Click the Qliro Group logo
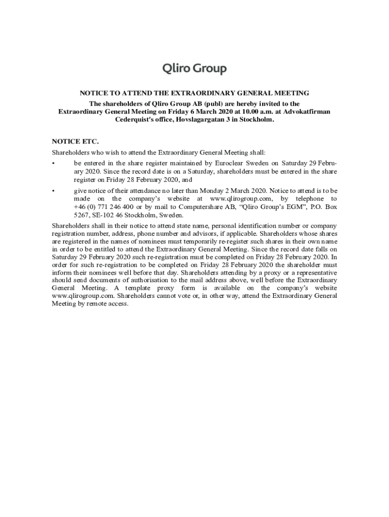pos(194,69)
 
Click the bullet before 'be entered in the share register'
pos(54,164)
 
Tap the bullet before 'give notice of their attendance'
pos(54,191)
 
